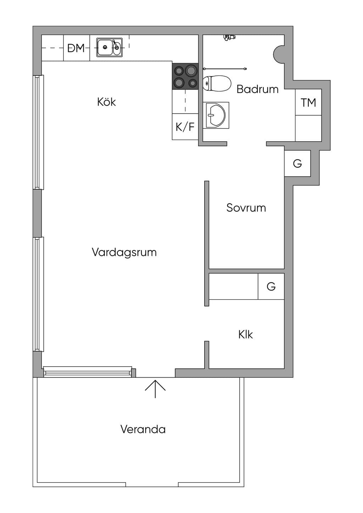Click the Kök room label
(x=106, y=102)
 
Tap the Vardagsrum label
(x=124, y=252)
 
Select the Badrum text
(x=257, y=89)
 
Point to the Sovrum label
(x=246, y=208)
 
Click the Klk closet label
(x=245, y=334)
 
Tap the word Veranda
(x=143, y=429)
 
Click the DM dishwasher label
(x=76, y=48)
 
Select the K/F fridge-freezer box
(x=185, y=126)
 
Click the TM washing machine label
(x=308, y=102)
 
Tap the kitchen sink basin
(x=109, y=47)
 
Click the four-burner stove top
(x=185, y=76)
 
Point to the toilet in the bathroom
(x=216, y=83)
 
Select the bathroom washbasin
(x=216, y=115)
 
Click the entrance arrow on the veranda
(x=155, y=389)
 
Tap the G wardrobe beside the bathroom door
(x=297, y=164)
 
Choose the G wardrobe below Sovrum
(x=271, y=286)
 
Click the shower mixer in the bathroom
(x=229, y=37)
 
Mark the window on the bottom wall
(x=88, y=372)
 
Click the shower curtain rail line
(x=225, y=68)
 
